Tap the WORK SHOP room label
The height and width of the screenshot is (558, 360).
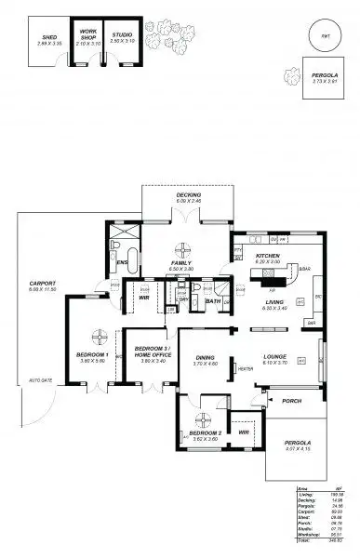tap(88, 34)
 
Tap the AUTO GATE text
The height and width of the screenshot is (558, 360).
tap(39, 380)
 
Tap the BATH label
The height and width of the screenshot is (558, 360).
tap(213, 301)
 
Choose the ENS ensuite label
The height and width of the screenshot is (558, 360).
tap(122, 263)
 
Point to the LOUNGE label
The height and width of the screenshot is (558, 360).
tap(273, 355)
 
